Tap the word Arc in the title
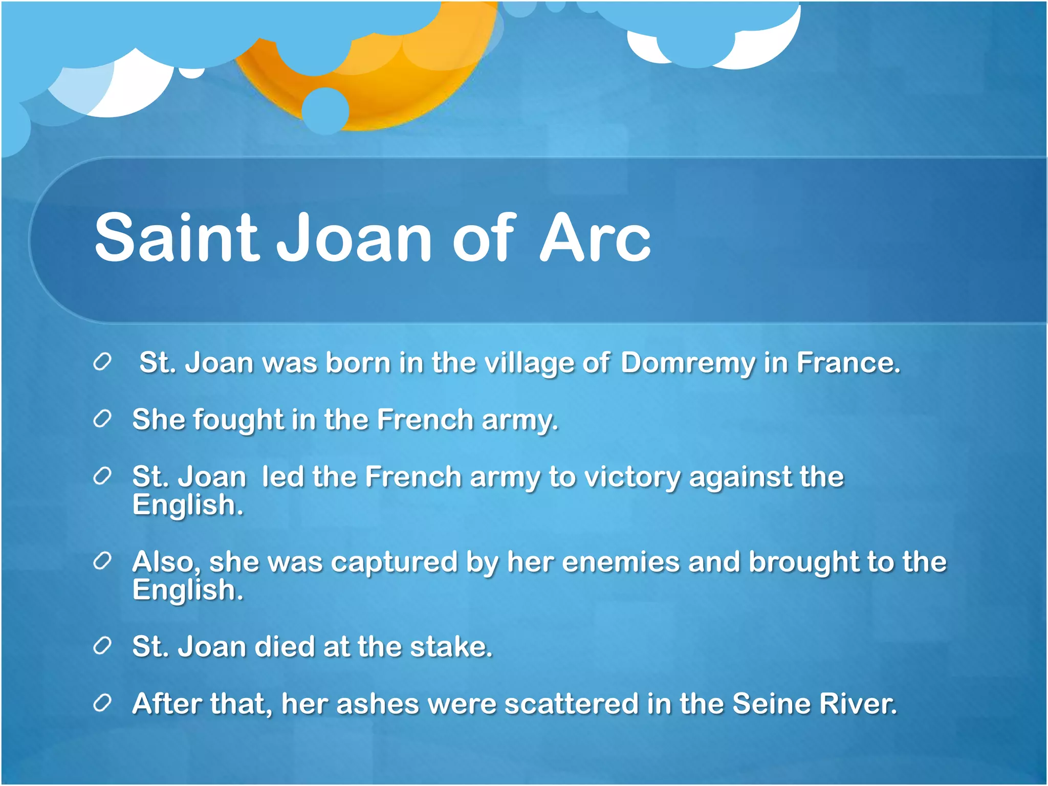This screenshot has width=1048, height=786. click(x=595, y=238)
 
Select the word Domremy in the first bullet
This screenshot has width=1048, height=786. click(x=688, y=363)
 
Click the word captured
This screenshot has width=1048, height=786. click(x=394, y=562)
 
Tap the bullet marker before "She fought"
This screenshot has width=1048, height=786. click(x=102, y=420)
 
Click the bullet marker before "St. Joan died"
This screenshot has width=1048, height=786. click(x=102, y=646)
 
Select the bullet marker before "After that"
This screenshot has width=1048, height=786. click(x=102, y=704)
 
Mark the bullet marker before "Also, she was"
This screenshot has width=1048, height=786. click(x=102, y=561)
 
